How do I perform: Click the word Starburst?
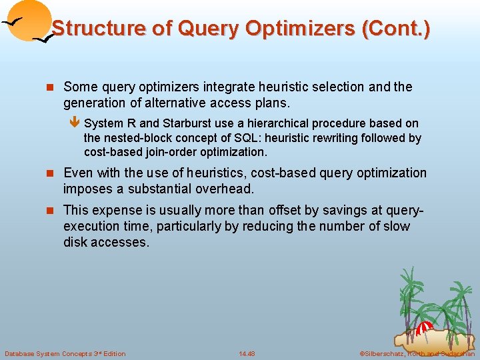pos(184,123)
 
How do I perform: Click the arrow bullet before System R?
pos(75,123)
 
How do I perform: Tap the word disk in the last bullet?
pos(76,242)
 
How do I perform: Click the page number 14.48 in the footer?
pos(247,353)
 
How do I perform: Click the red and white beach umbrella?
pos(425,329)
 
